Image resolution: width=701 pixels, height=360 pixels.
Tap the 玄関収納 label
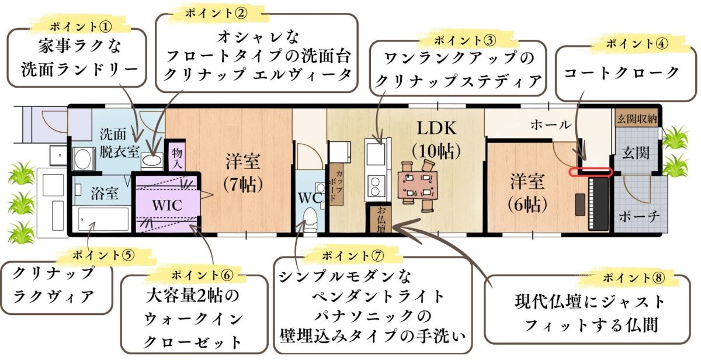click(x=637, y=119)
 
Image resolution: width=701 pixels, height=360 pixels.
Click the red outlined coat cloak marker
click(x=591, y=172)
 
